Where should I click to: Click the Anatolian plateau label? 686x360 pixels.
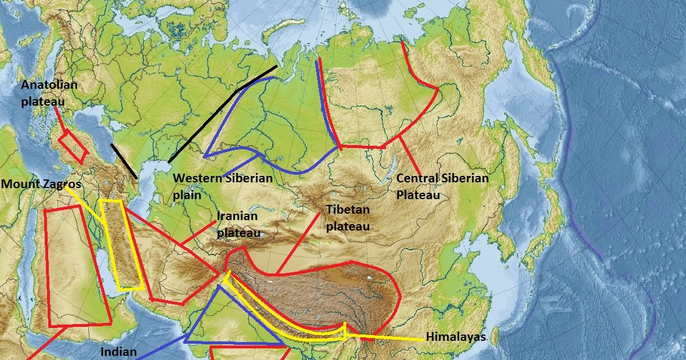click(x=49, y=93)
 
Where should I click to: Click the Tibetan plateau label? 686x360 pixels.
click(x=348, y=217)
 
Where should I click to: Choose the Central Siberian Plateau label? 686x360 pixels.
click(x=442, y=186)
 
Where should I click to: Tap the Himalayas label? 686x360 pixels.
click(x=455, y=337)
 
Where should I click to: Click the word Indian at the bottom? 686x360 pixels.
click(x=118, y=351)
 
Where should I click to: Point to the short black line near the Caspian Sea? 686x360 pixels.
click(x=124, y=161)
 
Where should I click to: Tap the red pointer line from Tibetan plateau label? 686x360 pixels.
click(x=299, y=242)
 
